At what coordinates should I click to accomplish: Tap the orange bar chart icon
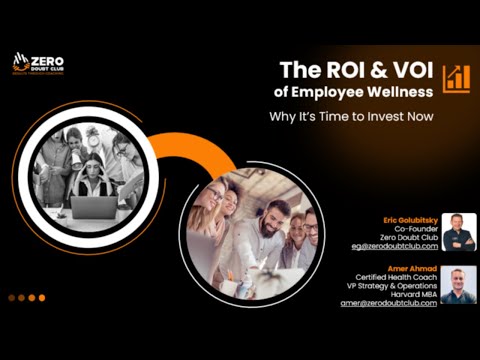click(x=457, y=77)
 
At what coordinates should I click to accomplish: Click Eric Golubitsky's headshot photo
click(x=458, y=231)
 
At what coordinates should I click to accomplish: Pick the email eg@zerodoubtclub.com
click(x=394, y=245)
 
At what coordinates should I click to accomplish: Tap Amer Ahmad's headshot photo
click(x=458, y=283)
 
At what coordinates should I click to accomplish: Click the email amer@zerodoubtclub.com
click(x=389, y=303)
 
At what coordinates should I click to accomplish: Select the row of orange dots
click(x=26, y=297)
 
